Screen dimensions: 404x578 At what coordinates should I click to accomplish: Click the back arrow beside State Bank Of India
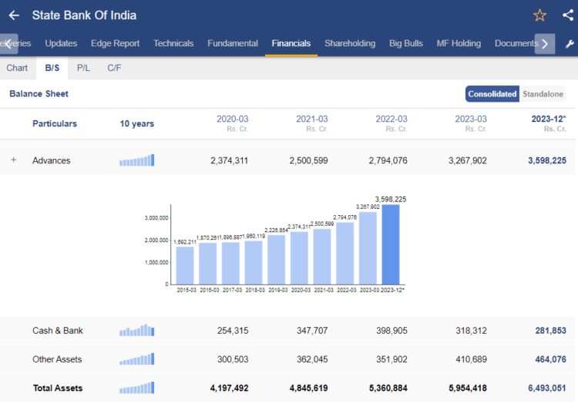[x=14, y=15]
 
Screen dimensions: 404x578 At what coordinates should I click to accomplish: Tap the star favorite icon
[x=539, y=15]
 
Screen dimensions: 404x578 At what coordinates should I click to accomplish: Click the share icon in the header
[x=568, y=15]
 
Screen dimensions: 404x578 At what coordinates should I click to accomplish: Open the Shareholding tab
[x=350, y=44]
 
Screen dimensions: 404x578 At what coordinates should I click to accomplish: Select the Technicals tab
[x=173, y=44]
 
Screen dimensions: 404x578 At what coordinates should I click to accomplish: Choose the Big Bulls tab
[x=405, y=44]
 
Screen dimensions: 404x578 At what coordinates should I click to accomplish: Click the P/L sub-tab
[x=82, y=68]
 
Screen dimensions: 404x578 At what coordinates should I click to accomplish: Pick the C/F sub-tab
[x=114, y=68]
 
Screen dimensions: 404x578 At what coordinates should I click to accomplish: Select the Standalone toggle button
[x=543, y=94]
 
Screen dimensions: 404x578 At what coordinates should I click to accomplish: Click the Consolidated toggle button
[x=492, y=94]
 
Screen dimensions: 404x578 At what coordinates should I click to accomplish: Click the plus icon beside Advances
[x=14, y=160]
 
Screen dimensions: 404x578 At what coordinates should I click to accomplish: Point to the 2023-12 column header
[x=548, y=120]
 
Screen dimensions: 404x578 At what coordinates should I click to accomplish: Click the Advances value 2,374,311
[x=229, y=160]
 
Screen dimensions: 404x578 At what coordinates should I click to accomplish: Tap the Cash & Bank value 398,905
[x=388, y=331]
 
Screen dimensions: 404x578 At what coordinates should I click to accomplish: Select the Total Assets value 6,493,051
[x=546, y=389]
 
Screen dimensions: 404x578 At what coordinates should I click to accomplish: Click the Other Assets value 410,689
[x=468, y=359]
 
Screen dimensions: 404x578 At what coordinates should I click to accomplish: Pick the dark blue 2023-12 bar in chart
[x=391, y=244]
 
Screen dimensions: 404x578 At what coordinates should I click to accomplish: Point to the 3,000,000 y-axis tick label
[x=156, y=218]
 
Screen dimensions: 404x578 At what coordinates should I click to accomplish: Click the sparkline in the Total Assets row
[x=136, y=389]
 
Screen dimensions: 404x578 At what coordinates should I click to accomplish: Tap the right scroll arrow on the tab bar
[x=544, y=44]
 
